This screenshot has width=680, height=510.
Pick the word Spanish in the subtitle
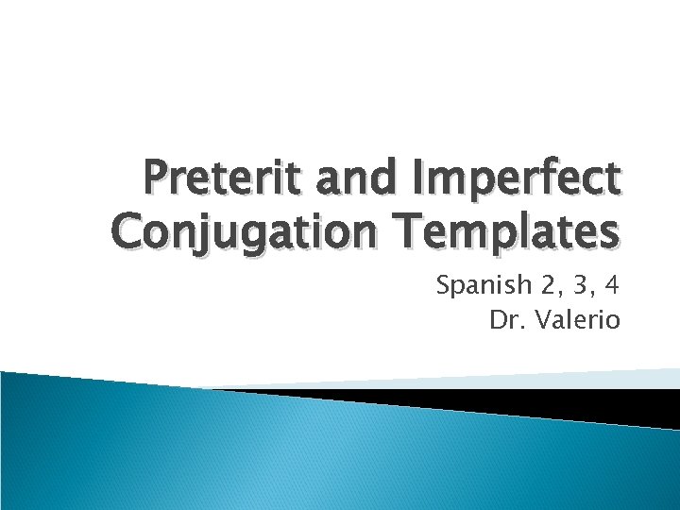click(476, 285)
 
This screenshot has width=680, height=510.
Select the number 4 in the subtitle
click(613, 284)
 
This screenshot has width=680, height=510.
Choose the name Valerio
click(579, 320)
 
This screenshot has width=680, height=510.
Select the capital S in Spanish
click(443, 284)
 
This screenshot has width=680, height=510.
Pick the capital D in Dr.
click(497, 320)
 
